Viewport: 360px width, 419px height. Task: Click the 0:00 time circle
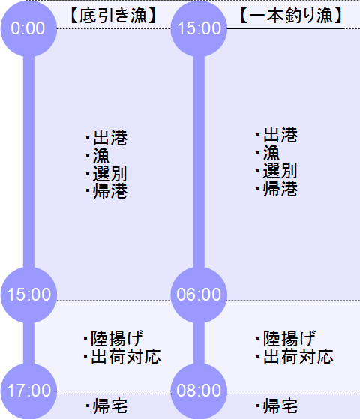coord(28,28)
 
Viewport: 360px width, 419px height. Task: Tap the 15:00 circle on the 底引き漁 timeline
coord(28,295)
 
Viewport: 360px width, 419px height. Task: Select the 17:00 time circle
coord(28,391)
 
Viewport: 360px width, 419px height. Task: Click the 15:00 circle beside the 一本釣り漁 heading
coord(199,28)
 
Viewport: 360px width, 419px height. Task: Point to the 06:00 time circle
coord(199,295)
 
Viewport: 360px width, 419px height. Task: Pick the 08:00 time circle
coord(199,391)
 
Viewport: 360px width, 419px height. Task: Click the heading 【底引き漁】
coord(113,16)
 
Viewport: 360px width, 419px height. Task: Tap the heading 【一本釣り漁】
coord(291,16)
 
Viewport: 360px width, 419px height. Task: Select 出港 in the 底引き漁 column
coord(110,138)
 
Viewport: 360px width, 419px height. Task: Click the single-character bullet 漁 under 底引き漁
coord(101,155)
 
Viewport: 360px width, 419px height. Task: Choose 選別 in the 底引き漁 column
coord(110,173)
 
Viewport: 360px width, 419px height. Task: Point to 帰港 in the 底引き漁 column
coord(110,191)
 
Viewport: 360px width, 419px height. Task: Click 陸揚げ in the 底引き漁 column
coord(117,339)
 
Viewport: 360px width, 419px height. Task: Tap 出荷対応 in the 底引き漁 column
coord(126,357)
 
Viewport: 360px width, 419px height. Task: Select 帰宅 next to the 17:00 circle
coord(110,406)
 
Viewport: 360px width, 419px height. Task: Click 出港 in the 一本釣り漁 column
coord(280,134)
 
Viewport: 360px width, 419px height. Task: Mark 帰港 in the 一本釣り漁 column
coord(280,189)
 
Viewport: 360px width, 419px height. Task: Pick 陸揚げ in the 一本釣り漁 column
coord(289,339)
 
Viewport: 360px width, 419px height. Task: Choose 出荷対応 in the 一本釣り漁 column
coord(298,357)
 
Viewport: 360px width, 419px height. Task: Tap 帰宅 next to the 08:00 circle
coord(280,406)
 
